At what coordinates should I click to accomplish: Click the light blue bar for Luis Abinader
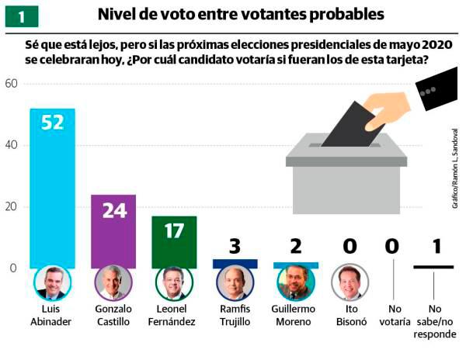tap(52, 194)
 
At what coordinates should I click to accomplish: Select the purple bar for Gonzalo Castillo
tap(113, 233)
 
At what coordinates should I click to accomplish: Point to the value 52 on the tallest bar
tap(52, 123)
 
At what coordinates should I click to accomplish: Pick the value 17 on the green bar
tap(174, 230)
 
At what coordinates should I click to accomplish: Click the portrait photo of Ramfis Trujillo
tap(235, 283)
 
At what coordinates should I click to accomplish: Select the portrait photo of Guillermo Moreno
tap(296, 283)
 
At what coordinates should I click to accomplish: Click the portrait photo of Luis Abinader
tap(52, 283)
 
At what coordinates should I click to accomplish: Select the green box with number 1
tap(21, 16)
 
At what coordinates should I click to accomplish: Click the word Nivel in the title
tap(123, 15)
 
